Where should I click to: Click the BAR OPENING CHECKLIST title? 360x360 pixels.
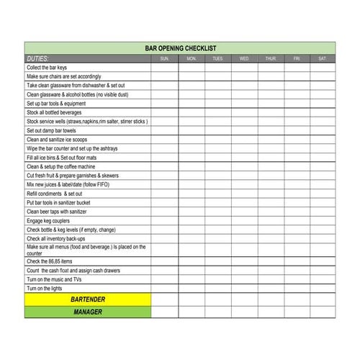click(x=180, y=48)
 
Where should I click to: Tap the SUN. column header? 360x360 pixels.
click(x=164, y=58)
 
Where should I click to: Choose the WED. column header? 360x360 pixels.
click(x=244, y=58)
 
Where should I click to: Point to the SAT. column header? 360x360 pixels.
click(x=322, y=58)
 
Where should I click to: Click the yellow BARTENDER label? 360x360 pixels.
click(x=88, y=299)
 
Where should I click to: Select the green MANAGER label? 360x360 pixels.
click(x=88, y=312)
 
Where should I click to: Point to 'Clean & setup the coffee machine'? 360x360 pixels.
click(x=65, y=166)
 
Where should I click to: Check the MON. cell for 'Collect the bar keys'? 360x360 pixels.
click(x=191, y=68)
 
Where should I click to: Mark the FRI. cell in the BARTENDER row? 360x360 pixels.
click(x=296, y=299)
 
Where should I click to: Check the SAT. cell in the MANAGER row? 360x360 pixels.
click(x=322, y=312)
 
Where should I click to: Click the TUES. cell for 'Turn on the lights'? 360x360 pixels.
click(x=217, y=287)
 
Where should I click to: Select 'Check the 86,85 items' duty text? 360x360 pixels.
click(x=50, y=261)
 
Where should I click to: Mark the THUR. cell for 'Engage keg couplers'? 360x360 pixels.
click(x=270, y=220)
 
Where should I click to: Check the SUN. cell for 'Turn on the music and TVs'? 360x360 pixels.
click(x=164, y=279)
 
